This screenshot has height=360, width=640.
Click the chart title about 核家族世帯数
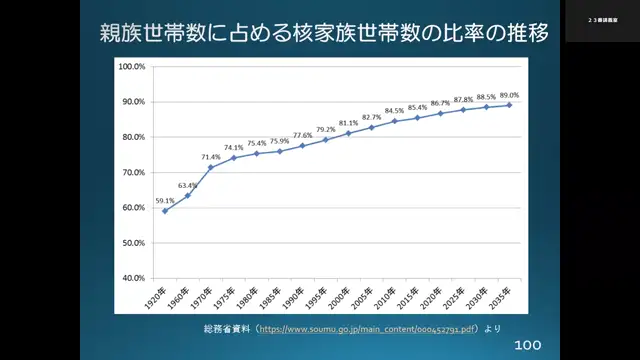(323, 32)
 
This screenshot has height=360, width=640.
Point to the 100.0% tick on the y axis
(133, 67)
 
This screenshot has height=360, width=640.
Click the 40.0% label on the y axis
(134, 278)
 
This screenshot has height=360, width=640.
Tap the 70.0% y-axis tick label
(134, 172)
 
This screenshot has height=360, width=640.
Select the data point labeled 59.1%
(165, 211)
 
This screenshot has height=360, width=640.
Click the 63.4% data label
(188, 186)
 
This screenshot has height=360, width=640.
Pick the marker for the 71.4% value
(211, 167)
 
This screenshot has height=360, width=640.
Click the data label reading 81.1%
(348, 124)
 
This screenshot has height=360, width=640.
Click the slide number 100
(527, 345)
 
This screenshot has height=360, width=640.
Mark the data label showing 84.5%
(394, 112)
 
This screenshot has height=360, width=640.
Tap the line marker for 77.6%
(302, 145)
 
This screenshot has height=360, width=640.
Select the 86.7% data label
(441, 103)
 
